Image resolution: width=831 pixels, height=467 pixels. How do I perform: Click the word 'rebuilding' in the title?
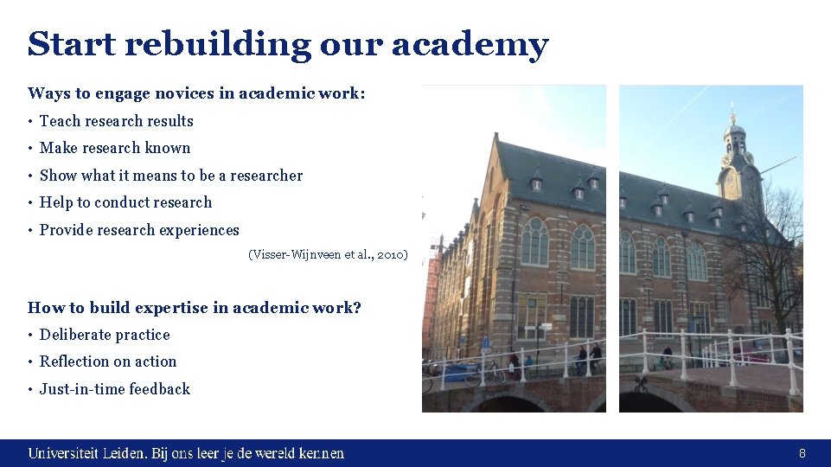[217, 44]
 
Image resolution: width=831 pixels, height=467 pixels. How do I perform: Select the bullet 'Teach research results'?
[116, 121]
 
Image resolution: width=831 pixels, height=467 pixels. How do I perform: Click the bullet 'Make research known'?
[115, 148]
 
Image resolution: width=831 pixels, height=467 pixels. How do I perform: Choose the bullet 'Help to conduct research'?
[125, 202]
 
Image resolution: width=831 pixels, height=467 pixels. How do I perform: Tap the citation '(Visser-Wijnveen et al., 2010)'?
[328, 255]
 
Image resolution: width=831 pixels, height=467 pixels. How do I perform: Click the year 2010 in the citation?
[392, 255]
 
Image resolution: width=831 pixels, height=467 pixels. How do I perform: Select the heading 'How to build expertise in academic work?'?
[195, 308]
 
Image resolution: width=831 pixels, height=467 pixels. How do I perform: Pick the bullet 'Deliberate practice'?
[105, 335]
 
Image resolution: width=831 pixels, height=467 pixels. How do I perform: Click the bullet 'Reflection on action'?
[108, 361]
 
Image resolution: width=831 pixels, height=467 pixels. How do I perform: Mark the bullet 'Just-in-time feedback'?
[115, 389]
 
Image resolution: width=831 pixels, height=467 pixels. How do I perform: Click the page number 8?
[802, 453]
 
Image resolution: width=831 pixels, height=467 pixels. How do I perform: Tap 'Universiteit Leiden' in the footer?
[86, 453]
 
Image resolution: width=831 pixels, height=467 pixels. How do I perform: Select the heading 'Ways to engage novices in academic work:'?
[196, 93]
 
